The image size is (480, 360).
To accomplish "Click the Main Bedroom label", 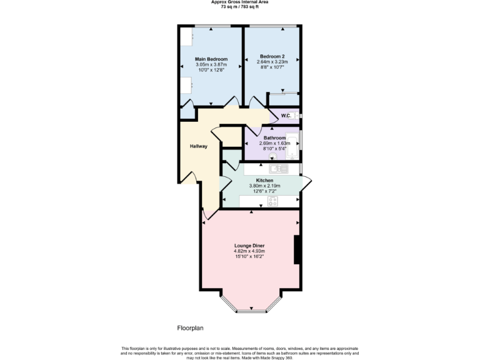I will click(211, 59).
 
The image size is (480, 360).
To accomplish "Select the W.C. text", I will click(287, 116).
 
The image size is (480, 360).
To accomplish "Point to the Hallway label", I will click(199, 146).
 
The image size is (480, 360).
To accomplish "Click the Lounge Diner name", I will click(249, 246).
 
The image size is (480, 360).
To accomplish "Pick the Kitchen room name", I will click(265, 180).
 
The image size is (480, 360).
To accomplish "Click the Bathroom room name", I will click(274, 137).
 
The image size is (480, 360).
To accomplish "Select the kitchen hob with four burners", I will click(273, 201).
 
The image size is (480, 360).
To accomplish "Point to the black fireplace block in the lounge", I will click(297, 250).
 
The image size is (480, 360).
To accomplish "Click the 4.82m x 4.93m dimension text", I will click(249, 251).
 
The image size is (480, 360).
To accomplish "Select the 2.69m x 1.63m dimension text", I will click(274, 143).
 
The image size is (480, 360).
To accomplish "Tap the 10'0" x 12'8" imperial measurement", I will click(211, 70).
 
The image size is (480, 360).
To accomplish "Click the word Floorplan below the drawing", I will click(190, 327).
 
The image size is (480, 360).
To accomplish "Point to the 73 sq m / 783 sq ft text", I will click(239, 6).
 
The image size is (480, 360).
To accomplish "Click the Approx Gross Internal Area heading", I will click(239, 2).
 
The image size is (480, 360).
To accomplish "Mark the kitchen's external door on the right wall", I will click(306, 183).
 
